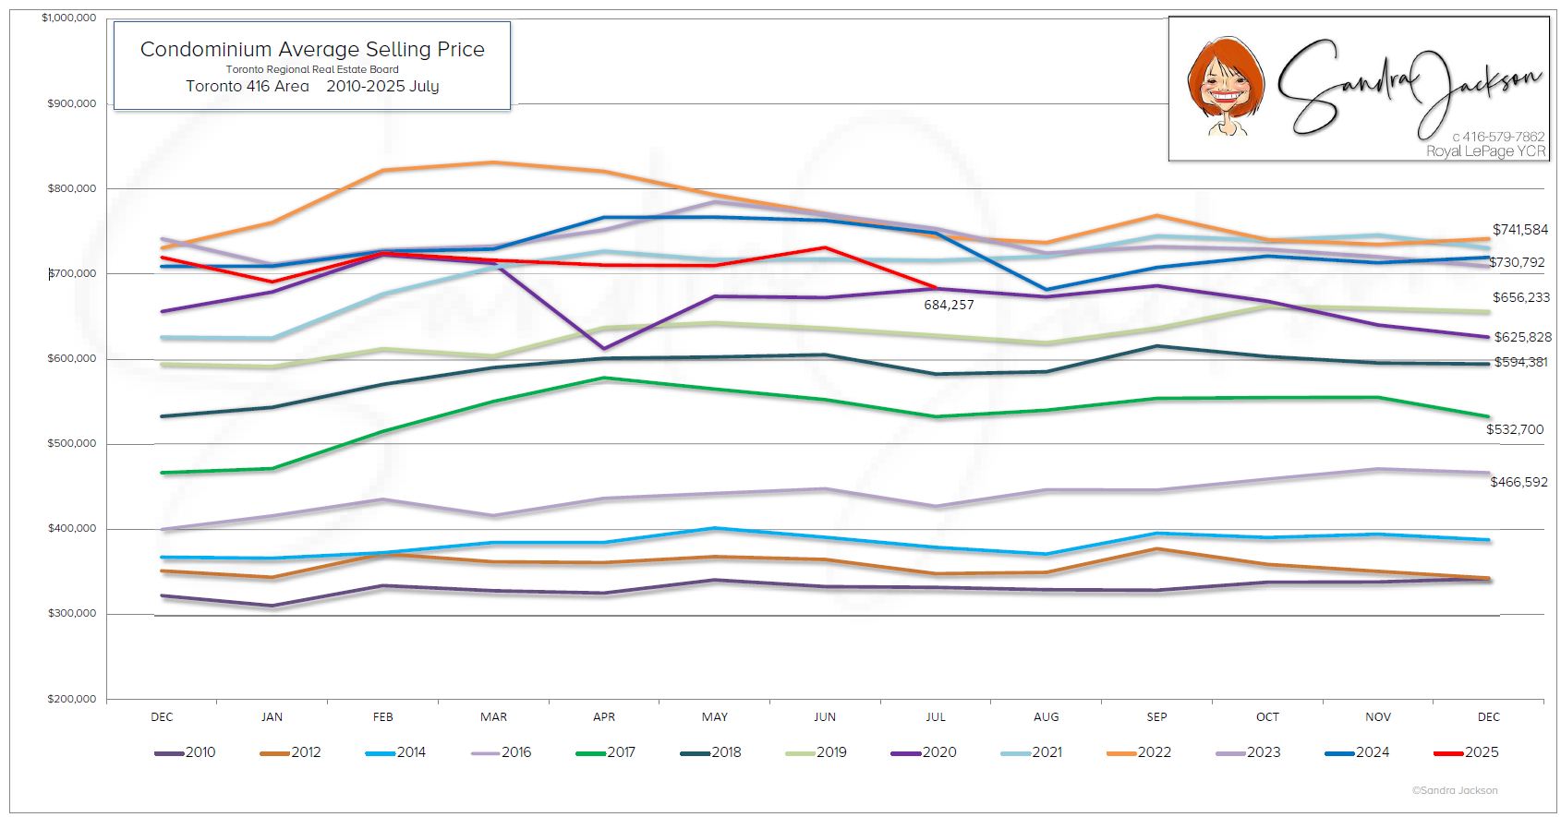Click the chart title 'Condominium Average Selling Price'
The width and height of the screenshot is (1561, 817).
pyautogui.click(x=312, y=50)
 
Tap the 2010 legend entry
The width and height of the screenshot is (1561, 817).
pyautogui.click(x=185, y=752)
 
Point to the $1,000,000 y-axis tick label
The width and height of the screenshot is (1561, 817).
pyautogui.click(x=68, y=18)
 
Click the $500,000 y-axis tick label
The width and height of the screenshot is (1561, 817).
pyautogui.click(x=71, y=444)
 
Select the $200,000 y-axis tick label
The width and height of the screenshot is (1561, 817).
pyautogui.click(x=71, y=699)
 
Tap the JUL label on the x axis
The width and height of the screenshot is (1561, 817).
pyautogui.click(x=936, y=716)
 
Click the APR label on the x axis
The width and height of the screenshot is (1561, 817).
pyautogui.click(x=604, y=716)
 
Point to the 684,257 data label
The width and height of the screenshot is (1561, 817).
pyautogui.click(x=949, y=305)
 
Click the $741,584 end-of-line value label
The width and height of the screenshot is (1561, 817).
pyautogui.click(x=1520, y=230)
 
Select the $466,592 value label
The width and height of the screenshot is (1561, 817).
pyautogui.click(x=1519, y=482)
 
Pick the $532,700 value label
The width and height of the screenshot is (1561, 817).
pyautogui.click(x=1515, y=429)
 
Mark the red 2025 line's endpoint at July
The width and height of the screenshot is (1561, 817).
pyautogui.click(x=936, y=287)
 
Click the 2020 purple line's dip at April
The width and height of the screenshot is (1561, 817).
pyautogui.click(x=604, y=348)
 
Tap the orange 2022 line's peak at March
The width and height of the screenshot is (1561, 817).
pyautogui.click(x=493, y=162)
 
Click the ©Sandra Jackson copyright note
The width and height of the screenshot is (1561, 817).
pyautogui.click(x=1455, y=790)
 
